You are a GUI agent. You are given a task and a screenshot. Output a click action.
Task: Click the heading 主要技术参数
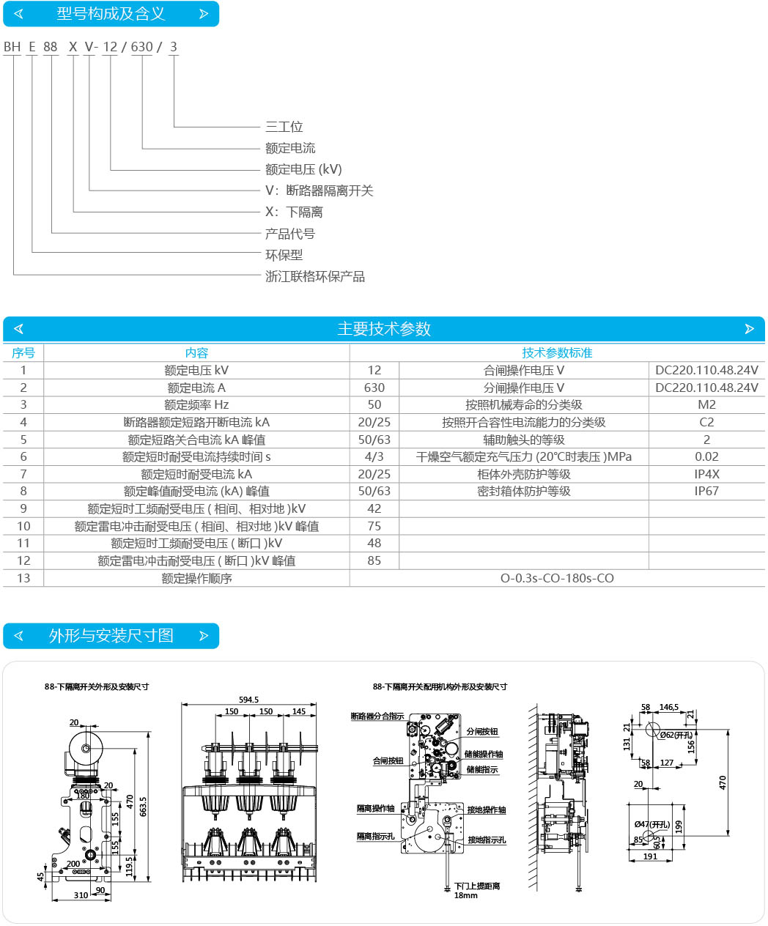[383, 329]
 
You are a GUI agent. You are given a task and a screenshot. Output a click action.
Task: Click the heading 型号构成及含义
[111, 14]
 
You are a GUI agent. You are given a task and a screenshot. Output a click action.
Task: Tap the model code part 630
[141, 47]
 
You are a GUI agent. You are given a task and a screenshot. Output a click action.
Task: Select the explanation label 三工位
[284, 127]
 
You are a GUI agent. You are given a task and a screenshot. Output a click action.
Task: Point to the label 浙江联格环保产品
[314, 276]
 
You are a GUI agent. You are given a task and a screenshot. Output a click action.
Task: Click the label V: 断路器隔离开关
[319, 190]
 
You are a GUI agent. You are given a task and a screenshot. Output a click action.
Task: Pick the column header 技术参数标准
[557, 353]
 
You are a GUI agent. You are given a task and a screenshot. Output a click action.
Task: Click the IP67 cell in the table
[706, 491]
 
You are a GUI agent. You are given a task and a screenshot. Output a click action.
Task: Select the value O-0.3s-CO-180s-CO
[557, 578]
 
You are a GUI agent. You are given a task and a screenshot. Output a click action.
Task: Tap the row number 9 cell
[23, 508]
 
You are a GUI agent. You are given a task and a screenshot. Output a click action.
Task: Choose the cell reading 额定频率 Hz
[196, 404]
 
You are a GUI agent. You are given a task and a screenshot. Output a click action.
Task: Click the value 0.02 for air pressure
[706, 456]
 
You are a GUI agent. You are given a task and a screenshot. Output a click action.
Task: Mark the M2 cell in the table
[706, 404]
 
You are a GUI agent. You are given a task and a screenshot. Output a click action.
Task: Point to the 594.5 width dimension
[248, 700]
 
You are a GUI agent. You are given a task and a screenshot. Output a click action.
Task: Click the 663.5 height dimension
[144, 807]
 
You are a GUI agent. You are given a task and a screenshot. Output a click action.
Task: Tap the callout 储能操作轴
[484, 754]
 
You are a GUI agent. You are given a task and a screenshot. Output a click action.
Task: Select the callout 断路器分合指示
[377, 716]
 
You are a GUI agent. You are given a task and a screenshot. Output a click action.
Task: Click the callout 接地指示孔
[487, 840]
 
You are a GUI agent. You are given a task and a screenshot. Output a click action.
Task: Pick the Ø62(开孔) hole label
[675, 735]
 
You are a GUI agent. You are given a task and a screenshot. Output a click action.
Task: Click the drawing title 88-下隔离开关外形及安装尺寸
[97, 686]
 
